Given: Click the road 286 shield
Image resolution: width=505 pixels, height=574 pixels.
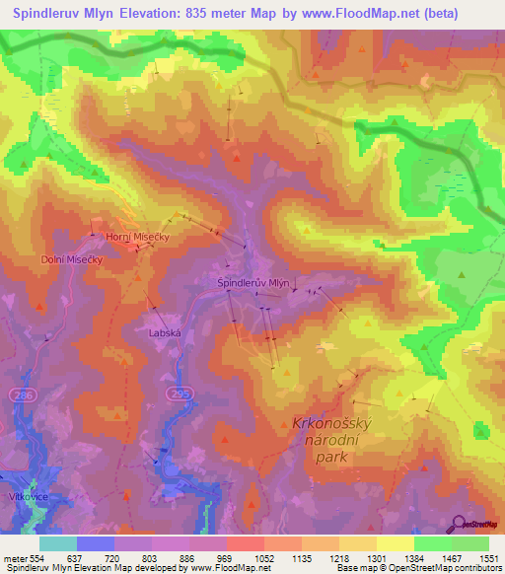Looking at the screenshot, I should pyautogui.click(x=21, y=394).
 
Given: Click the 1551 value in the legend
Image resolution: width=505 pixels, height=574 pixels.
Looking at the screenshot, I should pyautogui.click(x=488, y=557).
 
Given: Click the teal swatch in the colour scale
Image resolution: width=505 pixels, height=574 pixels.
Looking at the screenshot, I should pyautogui.click(x=58, y=543).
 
